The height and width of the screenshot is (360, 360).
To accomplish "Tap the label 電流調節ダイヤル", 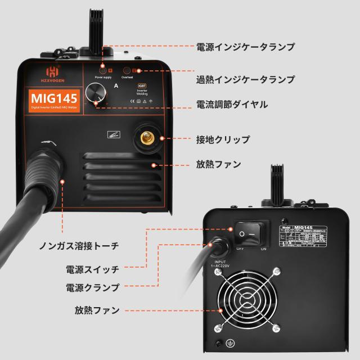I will coord(231,105).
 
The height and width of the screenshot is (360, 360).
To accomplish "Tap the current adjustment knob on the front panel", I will coord(99,93).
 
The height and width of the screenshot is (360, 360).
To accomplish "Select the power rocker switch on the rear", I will coord(247,233).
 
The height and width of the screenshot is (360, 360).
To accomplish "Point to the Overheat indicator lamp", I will coord(127,71).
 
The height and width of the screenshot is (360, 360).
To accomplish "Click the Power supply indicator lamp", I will coord(102,71).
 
